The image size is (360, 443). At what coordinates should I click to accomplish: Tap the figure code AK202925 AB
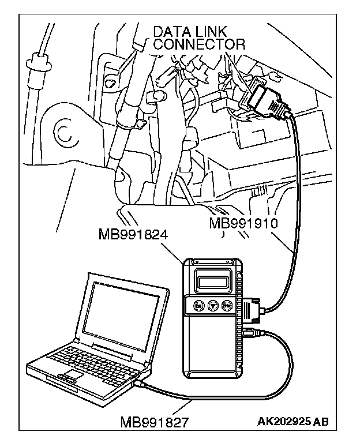293,422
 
